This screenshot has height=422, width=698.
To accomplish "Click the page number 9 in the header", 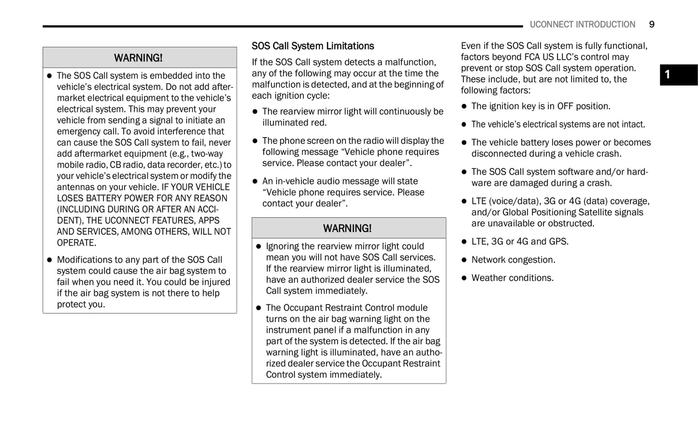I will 652,25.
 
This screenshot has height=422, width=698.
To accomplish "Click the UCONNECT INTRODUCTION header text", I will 582,25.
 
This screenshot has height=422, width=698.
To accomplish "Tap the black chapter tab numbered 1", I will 678,75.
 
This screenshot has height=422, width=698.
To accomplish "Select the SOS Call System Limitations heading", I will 313,46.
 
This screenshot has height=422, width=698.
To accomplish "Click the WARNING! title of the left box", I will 138,58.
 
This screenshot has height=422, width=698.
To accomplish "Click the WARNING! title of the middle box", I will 347,228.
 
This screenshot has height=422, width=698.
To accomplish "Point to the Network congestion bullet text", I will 513,260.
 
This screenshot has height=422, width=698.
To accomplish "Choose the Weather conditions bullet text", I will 513,278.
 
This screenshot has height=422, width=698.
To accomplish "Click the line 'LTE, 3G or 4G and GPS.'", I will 520,241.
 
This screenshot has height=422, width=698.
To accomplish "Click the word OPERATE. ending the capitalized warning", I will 77,243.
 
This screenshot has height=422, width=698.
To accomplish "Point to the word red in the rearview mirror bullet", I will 318,123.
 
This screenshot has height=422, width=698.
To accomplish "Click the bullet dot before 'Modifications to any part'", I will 49,260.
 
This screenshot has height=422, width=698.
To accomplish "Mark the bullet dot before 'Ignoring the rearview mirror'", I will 258,246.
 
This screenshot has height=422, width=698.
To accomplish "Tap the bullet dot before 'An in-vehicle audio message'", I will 255,182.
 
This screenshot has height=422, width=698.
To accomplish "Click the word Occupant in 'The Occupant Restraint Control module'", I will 301,308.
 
